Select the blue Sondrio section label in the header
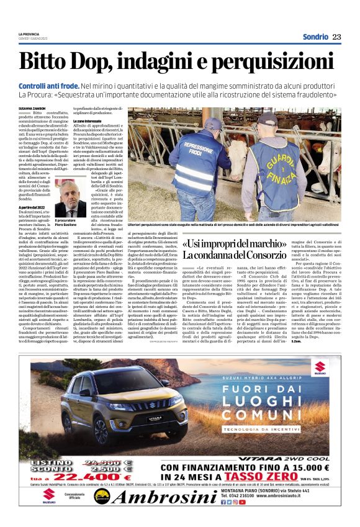315,37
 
